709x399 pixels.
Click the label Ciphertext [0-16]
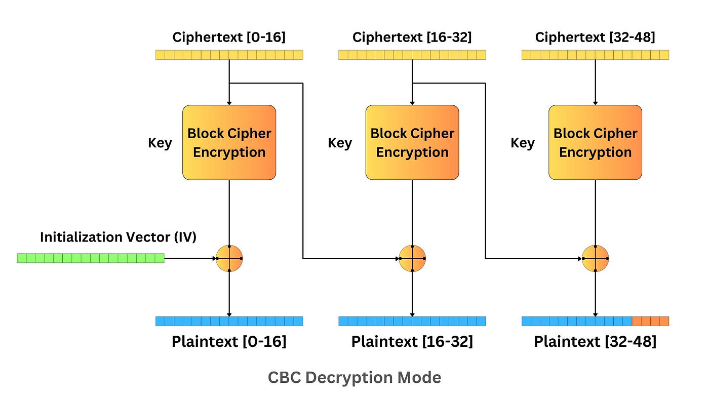pos(229,37)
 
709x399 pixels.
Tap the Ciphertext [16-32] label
pos(412,37)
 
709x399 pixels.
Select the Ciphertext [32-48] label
pos(595,37)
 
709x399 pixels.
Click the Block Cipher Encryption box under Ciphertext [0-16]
pos(229,142)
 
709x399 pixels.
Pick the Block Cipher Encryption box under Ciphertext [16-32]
pos(412,142)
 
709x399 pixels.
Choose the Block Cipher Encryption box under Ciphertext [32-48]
pos(595,142)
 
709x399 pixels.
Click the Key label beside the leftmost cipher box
pos(160,143)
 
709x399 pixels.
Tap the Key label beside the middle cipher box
pos(340,143)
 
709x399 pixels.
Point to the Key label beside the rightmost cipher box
pos(522,143)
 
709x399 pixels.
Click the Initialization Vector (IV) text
pos(118,237)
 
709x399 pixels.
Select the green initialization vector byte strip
pos(91,258)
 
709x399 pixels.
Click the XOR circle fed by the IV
pos(229,258)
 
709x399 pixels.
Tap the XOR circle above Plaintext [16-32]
pos(412,258)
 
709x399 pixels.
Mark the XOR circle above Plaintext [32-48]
pos(595,258)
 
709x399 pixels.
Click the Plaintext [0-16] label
pos(229,342)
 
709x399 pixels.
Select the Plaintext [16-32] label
pos(412,342)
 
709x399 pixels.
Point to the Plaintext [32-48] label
pos(595,342)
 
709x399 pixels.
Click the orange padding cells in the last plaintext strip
pos(650,321)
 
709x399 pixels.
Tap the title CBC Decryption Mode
pos(354,378)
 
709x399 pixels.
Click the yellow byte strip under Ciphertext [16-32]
pos(412,55)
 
